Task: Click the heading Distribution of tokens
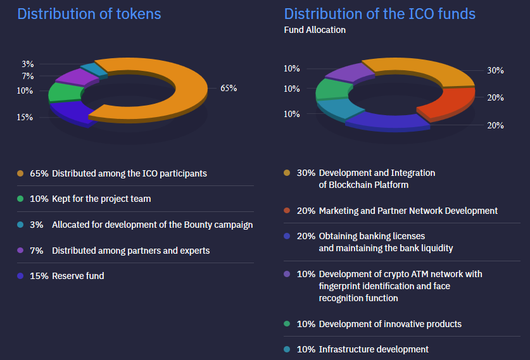[x=89, y=13]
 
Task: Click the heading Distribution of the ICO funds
[x=380, y=13]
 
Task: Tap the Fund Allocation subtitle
[x=315, y=30]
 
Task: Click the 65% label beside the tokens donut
[x=229, y=89]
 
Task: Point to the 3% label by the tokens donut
[x=28, y=64]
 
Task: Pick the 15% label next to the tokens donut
[x=25, y=117]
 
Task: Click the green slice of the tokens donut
[x=63, y=92]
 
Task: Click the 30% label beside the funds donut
[x=496, y=71]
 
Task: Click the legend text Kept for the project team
[x=101, y=199]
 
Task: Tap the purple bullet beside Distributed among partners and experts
[x=20, y=251]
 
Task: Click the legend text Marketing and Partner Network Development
[x=408, y=211]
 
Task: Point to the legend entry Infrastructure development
[x=374, y=349]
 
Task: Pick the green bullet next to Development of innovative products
[x=287, y=324]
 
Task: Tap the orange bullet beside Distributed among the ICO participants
[x=20, y=173]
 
